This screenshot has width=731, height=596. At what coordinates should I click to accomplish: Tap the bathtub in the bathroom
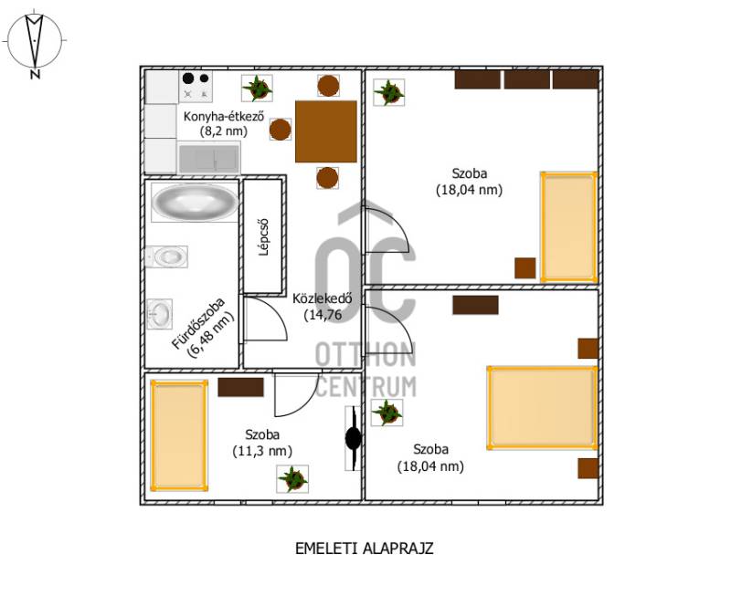coord(195,203)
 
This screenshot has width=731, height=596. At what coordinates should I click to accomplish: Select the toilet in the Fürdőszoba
coord(166,256)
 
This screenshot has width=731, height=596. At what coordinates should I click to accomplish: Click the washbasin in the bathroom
coord(159,314)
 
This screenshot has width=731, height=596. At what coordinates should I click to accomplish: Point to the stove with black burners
coord(196,87)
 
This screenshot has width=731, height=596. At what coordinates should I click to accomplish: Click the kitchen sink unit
coord(209,158)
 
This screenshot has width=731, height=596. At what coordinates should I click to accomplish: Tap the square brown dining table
coord(326,131)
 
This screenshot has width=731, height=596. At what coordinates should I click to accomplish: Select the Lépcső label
coord(264,237)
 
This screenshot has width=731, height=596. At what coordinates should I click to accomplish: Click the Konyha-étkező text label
coord(224,116)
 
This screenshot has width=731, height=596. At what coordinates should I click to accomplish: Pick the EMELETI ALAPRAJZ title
coord(365,549)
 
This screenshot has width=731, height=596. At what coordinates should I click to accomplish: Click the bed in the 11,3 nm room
coord(179,436)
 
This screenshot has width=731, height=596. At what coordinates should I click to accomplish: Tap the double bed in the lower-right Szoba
coord(543,408)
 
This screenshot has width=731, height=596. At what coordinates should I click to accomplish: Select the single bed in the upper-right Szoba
coord(568,227)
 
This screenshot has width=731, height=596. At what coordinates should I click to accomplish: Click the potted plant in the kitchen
coord(257,88)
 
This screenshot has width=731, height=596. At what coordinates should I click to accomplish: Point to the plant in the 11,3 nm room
coord(292,479)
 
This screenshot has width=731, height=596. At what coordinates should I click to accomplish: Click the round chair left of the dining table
coord(281,130)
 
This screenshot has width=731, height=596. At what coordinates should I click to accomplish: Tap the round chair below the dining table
coord(327,178)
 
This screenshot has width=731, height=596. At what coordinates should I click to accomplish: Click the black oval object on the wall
coord(353,438)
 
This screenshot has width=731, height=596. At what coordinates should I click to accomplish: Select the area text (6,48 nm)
coord(210,334)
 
